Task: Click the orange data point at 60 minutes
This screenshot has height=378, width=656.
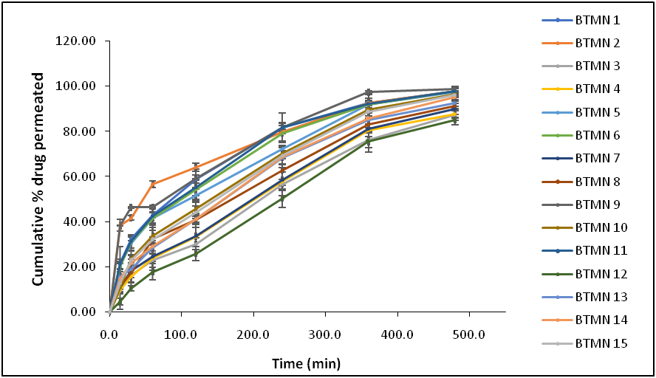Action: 153,184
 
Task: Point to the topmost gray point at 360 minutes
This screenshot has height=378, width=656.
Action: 368,92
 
